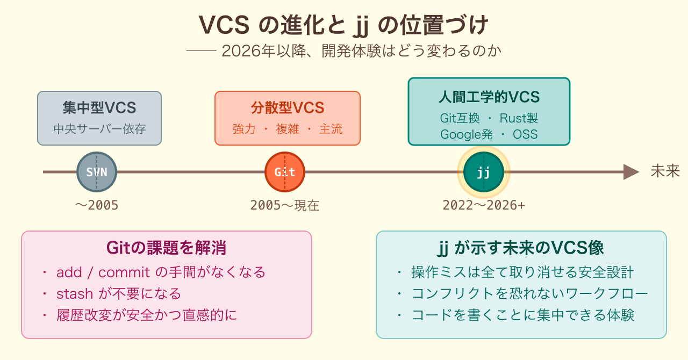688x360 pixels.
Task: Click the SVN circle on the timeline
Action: point(97,172)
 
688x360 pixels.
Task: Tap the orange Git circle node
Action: point(285,172)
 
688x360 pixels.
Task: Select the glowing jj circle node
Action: point(483,172)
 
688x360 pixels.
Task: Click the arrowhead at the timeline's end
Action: point(631,172)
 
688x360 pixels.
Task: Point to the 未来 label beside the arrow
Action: point(665,171)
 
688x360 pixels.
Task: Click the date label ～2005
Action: point(97,205)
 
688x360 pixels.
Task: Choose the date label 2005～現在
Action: point(285,205)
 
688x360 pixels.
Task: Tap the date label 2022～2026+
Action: point(484,205)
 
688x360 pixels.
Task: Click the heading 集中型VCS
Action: point(99,108)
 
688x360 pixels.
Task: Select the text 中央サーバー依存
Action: point(99,129)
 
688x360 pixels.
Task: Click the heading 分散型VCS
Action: point(288,108)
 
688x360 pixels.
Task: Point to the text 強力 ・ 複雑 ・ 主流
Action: point(288,129)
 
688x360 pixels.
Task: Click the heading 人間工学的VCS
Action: point(489,97)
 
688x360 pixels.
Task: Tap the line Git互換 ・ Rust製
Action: point(489,118)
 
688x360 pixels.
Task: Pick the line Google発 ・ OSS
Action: point(489,134)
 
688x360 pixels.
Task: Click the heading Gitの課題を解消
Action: point(166,248)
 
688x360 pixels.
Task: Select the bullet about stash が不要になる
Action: point(119,294)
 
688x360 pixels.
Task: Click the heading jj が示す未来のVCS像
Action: point(521,248)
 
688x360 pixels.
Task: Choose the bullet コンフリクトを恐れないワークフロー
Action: point(530,294)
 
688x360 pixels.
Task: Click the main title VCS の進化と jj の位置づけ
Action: point(344,25)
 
